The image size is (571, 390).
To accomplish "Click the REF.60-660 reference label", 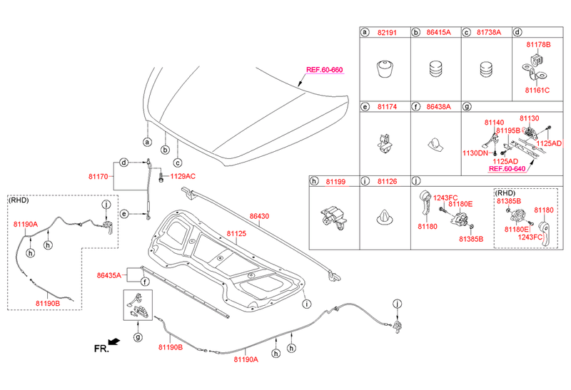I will point(324,70).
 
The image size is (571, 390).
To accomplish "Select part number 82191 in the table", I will point(387,32).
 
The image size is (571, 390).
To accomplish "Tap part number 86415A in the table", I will point(437,32).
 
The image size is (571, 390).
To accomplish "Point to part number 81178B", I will point(538,45).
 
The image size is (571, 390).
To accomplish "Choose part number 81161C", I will point(537,91).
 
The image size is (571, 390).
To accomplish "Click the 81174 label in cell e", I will point(387,107).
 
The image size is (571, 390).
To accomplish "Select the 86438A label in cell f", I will point(437,107).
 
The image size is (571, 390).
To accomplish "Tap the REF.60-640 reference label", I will point(506,169).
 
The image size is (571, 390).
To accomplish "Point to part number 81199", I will point(335,182).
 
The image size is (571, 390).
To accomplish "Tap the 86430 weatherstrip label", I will point(260,216).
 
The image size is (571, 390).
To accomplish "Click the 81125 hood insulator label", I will point(236,233).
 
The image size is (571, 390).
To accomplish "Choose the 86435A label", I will point(108,273).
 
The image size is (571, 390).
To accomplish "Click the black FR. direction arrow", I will point(115,342).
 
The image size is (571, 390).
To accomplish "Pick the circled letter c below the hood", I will point(178,161).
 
